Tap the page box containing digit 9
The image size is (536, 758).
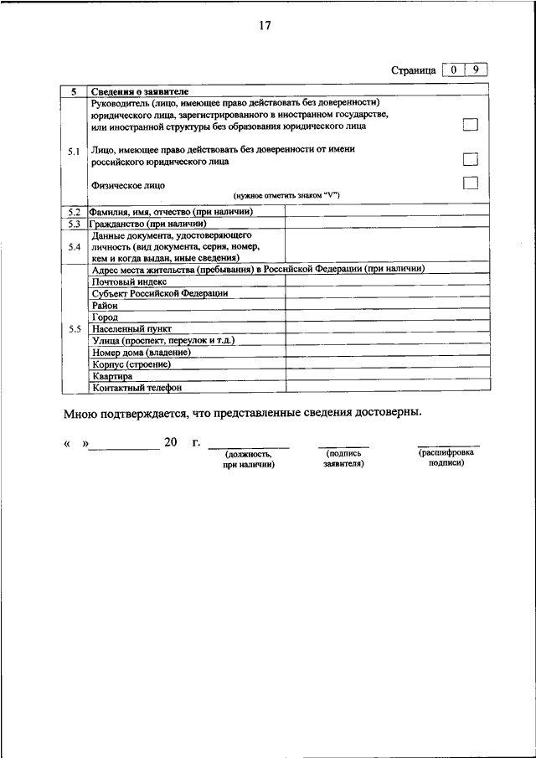coord(475,70)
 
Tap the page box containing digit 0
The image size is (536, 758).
coord(452,70)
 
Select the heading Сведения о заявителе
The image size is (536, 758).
coord(140,90)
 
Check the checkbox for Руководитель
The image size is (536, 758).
coord(470,125)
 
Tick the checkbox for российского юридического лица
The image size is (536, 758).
coord(470,159)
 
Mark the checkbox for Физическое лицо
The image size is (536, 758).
coord(470,183)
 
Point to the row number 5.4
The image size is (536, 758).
coord(73,247)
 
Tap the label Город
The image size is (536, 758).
coord(105,317)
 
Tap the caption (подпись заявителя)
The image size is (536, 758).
coord(343,457)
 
